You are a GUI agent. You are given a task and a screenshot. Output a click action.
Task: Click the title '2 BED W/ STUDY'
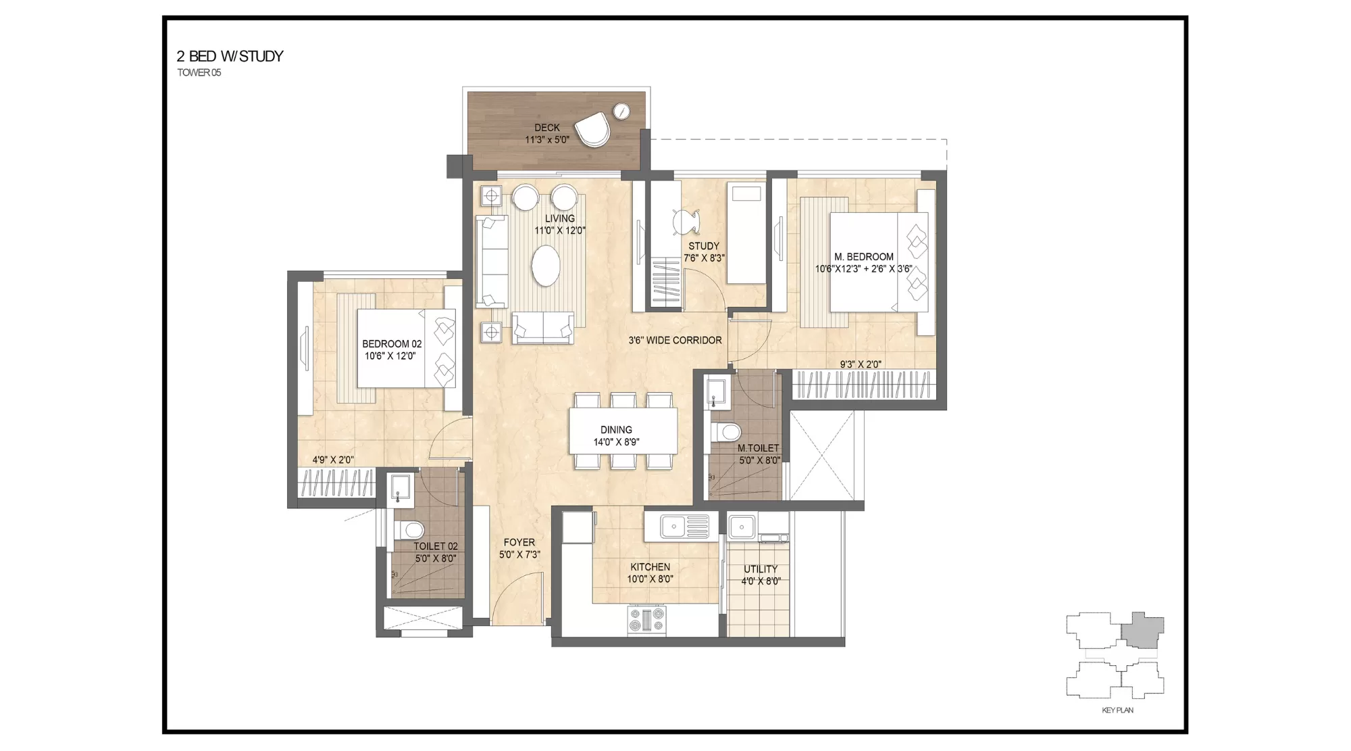coord(230,56)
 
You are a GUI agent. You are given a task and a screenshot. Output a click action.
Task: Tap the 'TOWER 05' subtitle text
coord(199,73)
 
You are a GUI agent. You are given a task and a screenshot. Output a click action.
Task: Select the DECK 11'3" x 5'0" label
coord(547,133)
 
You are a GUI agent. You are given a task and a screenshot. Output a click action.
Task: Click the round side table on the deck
coord(621,111)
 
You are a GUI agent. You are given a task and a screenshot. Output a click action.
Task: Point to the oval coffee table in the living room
coord(546,266)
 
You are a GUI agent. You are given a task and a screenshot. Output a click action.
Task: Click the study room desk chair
coord(685,221)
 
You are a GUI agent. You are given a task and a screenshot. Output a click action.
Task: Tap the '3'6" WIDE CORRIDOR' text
coord(675,340)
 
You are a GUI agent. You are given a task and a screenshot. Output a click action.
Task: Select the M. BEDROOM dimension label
coord(863,262)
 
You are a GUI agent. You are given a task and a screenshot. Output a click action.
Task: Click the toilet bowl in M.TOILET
coord(727,431)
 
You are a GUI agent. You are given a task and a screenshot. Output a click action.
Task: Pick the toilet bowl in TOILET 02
coord(409,528)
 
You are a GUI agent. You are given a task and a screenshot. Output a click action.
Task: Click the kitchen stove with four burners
coord(646,620)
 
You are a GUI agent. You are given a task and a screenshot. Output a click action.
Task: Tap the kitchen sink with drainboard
coord(684,525)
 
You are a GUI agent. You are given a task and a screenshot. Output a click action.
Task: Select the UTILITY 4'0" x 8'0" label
coord(761,575)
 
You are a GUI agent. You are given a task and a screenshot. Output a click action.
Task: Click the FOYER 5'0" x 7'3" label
coord(519,548)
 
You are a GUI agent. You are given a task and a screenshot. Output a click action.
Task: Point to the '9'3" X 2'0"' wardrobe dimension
coord(860,364)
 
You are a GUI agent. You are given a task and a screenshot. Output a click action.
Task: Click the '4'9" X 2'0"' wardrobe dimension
coord(332,460)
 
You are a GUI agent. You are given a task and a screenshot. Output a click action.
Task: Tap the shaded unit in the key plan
coord(1143,630)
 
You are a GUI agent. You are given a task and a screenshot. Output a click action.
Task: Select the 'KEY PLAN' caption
coord(1117,710)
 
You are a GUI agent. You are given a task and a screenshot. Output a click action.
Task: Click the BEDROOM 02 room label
coord(391,349)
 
